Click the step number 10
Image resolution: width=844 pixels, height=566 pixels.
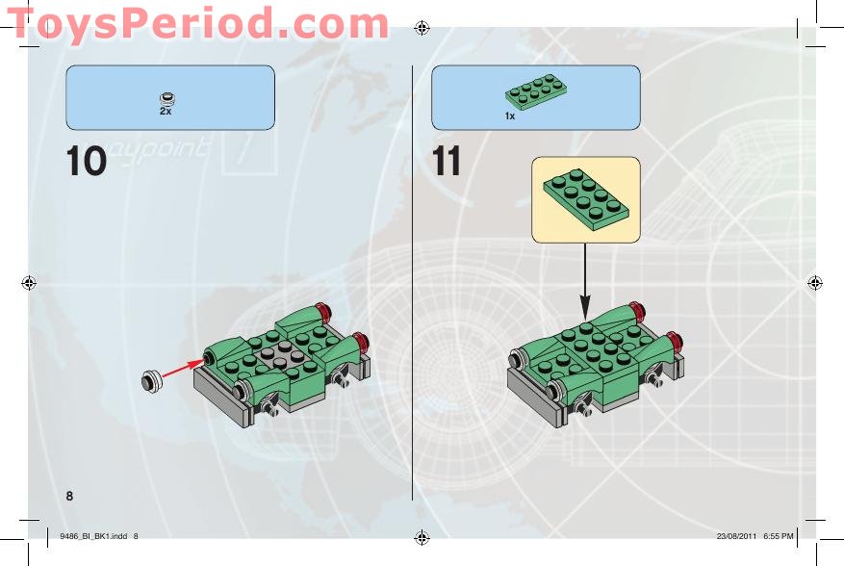point(86,161)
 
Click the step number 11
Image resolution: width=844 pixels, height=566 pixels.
point(447,161)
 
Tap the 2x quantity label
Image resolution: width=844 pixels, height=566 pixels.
point(166,111)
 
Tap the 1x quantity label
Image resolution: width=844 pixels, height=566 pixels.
point(510,116)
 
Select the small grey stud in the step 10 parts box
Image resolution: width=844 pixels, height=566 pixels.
point(167,98)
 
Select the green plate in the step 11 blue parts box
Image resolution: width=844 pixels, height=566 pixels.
point(536,91)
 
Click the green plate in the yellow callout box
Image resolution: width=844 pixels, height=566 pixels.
point(586,199)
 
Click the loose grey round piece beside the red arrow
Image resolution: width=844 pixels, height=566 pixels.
point(152,381)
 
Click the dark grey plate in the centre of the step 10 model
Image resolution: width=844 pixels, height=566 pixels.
point(279,357)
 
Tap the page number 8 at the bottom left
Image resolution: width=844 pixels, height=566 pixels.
point(69,496)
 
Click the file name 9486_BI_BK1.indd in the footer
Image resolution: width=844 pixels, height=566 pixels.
point(93,536)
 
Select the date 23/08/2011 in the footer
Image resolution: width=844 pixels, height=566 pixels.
point(736,536)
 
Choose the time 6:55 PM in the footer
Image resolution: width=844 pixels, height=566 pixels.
point(778,536)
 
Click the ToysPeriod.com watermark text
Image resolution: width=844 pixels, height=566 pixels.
point(197,23)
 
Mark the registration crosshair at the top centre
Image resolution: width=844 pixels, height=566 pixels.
point(422,28)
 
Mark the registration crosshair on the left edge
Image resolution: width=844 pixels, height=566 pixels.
point(29,282)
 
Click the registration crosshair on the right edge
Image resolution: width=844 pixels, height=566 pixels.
point(815,282)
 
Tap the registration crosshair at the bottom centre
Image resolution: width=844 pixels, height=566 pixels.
point(422,537)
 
